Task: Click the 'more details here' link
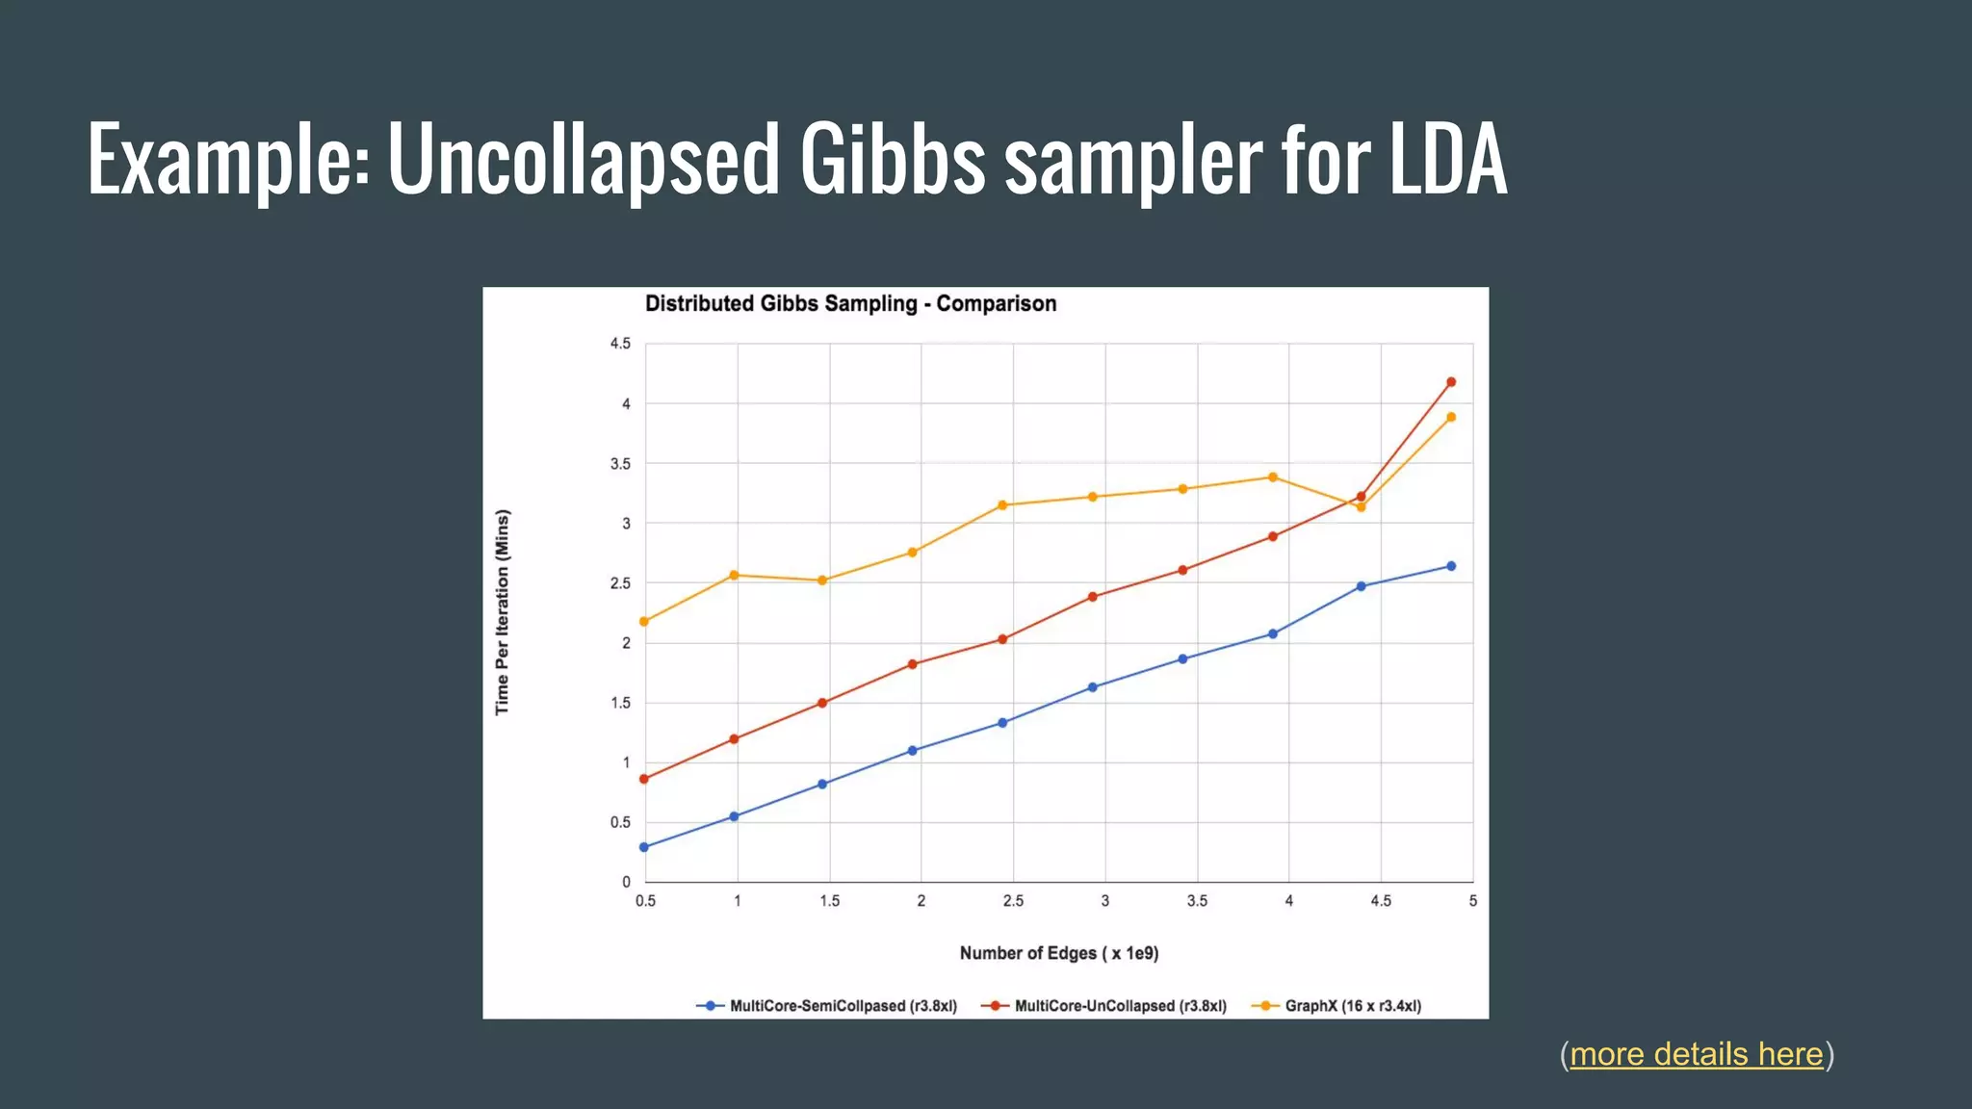point(1696,1054)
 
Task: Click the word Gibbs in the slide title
point(892,159)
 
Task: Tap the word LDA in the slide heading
point(1447,159)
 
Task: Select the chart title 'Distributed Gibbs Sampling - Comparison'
point(850,303)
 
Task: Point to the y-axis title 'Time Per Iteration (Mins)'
point(502,612)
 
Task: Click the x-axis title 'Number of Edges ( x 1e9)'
point(1058,953)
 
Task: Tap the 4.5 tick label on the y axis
point(620,344)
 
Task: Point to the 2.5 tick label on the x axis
point(1013,901)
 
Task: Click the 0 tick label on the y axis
point(626,882)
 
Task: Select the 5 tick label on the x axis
point(1472,901)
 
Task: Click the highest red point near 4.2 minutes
point(1451,382)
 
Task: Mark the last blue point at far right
point(1451,566)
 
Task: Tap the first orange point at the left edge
point(644,622)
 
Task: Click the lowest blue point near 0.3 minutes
point(644,847)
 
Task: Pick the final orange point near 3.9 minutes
point(1451,417)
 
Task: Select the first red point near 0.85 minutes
point(644,779)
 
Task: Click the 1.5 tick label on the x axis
point(829,901)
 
